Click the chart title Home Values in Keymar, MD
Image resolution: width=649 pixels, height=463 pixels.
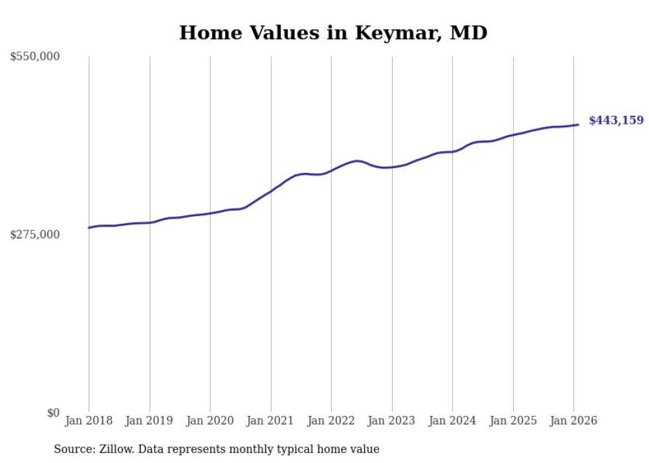click(333, 32)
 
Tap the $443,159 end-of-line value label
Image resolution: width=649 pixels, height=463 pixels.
click(616, 121)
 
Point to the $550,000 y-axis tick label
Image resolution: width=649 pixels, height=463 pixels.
click(35, 57)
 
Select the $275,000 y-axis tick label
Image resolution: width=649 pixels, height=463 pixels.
click(35, 234)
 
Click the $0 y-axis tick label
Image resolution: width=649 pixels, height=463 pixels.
click(53, 413)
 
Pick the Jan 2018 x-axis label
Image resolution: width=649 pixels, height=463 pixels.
click(89, 421)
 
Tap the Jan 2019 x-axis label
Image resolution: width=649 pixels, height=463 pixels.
click(150, 421)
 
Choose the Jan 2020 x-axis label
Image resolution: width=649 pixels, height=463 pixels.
click(210, 421)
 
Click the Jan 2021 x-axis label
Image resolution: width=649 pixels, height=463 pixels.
click(271, 421)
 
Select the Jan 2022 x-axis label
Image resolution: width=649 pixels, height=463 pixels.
click(331, 421)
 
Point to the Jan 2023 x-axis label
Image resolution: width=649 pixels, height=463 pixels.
click(392, 421)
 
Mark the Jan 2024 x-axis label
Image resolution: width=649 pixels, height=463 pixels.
click(452, 421)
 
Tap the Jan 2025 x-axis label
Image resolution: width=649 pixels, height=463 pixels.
click(513, 421)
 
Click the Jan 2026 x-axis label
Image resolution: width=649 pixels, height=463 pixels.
click(574, 421)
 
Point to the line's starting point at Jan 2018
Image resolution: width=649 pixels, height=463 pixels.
click(89, 228)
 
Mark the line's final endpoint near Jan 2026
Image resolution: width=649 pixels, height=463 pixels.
click(578, 125)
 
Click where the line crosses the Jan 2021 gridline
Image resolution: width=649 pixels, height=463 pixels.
click(271, 191)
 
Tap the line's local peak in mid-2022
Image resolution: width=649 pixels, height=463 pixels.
click(357, 161)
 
